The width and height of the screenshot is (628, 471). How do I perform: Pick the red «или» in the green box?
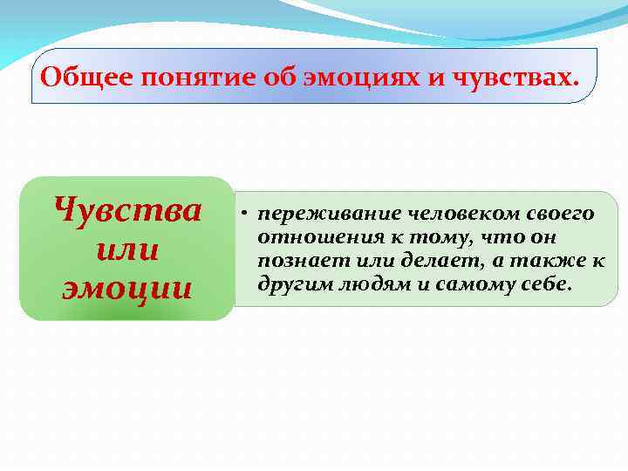[x=126, y=249]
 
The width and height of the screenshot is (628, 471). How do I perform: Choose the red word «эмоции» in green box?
[x=127, y=288]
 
